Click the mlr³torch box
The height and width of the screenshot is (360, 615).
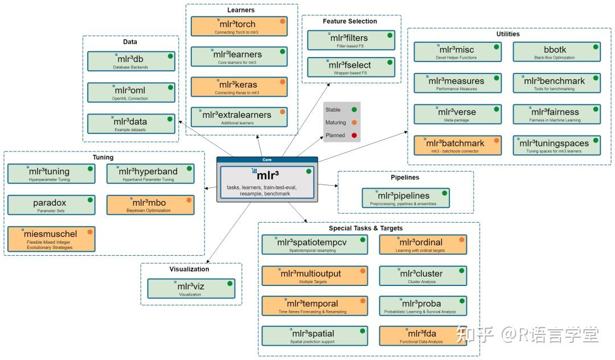(239, 26)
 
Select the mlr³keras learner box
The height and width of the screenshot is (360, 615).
(239, 87)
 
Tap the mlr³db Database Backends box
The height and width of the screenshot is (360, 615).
(131, 61)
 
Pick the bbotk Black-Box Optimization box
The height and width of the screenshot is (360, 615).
(556, 52)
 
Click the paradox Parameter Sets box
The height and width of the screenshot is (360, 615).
(51, 204)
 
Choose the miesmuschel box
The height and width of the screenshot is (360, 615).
(51, 239)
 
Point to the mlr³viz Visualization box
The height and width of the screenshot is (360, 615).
(191, 288)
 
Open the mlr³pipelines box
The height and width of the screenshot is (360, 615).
(405, 198)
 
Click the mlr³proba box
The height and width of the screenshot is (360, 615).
(423, 306)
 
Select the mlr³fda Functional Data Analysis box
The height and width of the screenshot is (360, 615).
(423, 336)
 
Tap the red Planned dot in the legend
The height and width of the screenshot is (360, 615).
(354, 135)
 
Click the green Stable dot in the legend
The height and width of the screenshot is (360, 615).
(354, 109)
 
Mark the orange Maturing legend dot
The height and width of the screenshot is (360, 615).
(354, 122)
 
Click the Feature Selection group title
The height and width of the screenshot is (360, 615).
(350, 21)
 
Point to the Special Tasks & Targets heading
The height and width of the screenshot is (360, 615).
(366, 228)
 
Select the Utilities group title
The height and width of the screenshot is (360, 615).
(508, 34)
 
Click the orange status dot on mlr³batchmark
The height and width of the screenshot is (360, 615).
(497, 140)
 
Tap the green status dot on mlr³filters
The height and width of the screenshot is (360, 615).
(390, 35)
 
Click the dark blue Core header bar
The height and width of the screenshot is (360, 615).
(267, 160)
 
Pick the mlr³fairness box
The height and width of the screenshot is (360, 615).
(556, 114)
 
